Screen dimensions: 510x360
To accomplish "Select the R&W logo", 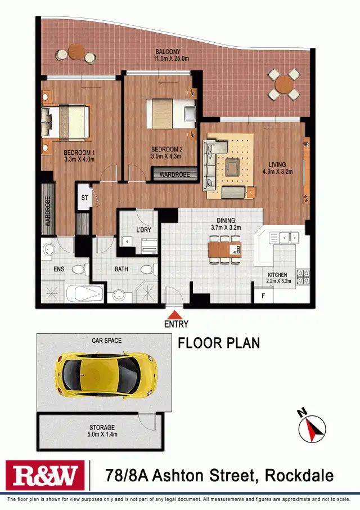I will tap(44, 476).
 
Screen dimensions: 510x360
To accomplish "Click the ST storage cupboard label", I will tap(85, 198).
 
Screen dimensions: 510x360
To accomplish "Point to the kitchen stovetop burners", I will tap(303, 276).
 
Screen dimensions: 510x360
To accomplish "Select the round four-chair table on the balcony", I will tap(283, 84).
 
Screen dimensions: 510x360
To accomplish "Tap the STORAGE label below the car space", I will tap(102, 428).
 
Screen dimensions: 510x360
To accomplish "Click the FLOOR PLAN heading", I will tap(219, 343).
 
